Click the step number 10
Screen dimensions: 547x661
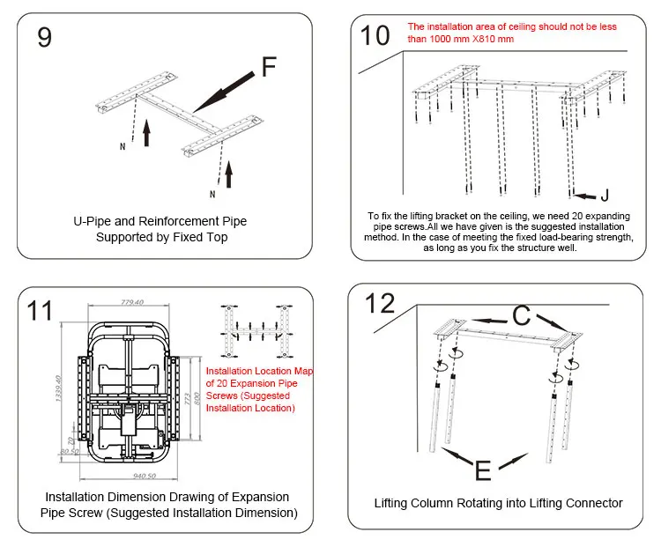(375, 35)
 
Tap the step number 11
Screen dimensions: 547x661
(40, 310)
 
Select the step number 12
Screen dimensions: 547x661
(381, 303)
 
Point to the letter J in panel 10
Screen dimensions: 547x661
(605, 195)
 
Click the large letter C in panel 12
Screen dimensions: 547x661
(522, 314)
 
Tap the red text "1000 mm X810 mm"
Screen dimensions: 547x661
(458, 38)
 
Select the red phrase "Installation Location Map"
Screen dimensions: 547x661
(258, 371)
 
